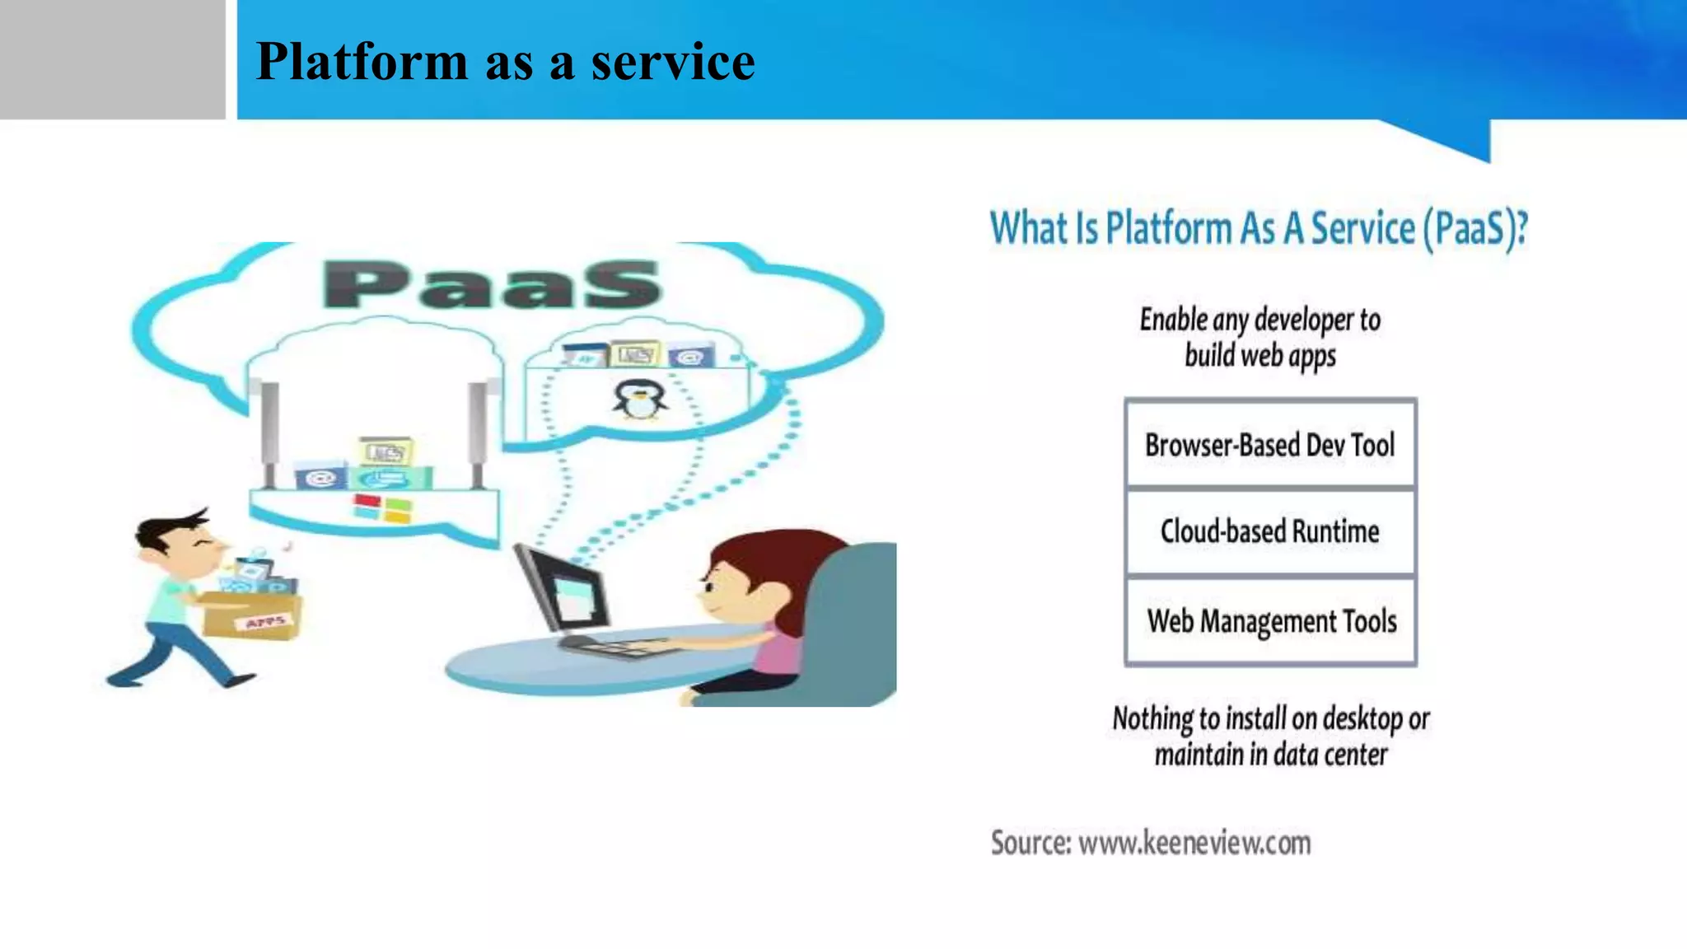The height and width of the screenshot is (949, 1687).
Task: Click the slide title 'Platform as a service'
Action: click(x=505, y=62)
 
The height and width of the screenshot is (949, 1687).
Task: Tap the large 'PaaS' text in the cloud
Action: click(x=492, y=284)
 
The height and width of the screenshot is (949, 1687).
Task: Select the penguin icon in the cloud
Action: click(x=639, y=400)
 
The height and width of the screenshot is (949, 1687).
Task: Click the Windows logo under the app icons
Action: click(x=382, y=507)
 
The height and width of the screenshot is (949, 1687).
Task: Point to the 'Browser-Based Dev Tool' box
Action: click(x=1269, y=445)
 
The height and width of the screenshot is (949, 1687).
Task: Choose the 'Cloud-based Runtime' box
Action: click(x=1269, y=532)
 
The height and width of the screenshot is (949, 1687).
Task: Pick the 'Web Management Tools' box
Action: click(x=1271, y=621)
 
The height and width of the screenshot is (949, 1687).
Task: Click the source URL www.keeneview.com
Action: click(x=1194, y=843)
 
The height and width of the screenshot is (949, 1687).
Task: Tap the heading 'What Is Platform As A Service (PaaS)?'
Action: click(x=1258, y=228)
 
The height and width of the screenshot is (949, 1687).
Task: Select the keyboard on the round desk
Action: click(x=614, y=647)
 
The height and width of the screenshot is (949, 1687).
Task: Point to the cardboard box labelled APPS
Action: click(x=254, y=615)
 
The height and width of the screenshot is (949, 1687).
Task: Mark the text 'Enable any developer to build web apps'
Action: click(x=1259, y=337)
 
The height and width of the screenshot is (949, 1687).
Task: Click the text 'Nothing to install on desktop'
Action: click(x=1271, y=719)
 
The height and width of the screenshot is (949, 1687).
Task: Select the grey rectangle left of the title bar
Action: click(x=112, y=59)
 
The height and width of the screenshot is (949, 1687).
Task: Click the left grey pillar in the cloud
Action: click(x=269, y=432)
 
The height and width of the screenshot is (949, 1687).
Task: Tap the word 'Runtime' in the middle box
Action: click(x=1335, y=532)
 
